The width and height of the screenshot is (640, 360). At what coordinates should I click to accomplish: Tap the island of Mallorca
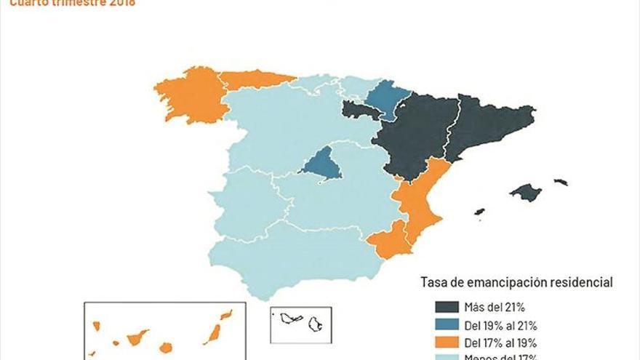click(525, 193)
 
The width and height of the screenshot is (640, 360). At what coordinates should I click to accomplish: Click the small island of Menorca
click(560, 182)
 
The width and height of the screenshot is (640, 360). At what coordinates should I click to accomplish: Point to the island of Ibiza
click(479, 212)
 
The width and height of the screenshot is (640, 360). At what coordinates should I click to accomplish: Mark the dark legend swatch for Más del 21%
click(446, 308)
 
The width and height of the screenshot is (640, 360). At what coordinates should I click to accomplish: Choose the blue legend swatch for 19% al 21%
click(446, 324)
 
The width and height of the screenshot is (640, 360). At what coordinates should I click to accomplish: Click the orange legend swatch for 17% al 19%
click(446, 342)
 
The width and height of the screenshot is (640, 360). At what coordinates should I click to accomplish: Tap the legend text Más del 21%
click(493, 308)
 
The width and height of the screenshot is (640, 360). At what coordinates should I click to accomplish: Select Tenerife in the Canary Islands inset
click(137, 338)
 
